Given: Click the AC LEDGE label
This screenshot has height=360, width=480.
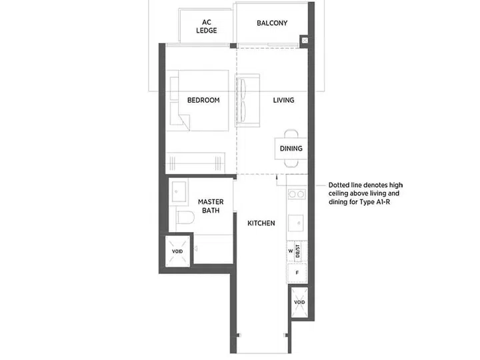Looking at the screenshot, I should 207,26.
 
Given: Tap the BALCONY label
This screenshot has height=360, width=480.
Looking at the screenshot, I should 272,23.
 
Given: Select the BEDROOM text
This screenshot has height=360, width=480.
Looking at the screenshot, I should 203,100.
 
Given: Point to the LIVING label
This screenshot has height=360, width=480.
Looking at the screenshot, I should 284,100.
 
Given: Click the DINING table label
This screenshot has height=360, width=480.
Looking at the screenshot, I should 291,149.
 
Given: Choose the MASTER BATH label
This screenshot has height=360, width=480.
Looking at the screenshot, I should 211,206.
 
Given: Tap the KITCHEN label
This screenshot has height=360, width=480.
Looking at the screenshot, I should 261,223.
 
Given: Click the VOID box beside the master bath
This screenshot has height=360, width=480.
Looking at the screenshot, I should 176,251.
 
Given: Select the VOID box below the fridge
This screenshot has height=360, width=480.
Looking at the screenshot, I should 299,302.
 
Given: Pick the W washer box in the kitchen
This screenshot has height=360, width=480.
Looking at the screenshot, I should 291,251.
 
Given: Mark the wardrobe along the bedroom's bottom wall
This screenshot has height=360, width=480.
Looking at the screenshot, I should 197,162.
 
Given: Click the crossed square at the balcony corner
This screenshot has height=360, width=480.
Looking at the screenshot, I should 305,41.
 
